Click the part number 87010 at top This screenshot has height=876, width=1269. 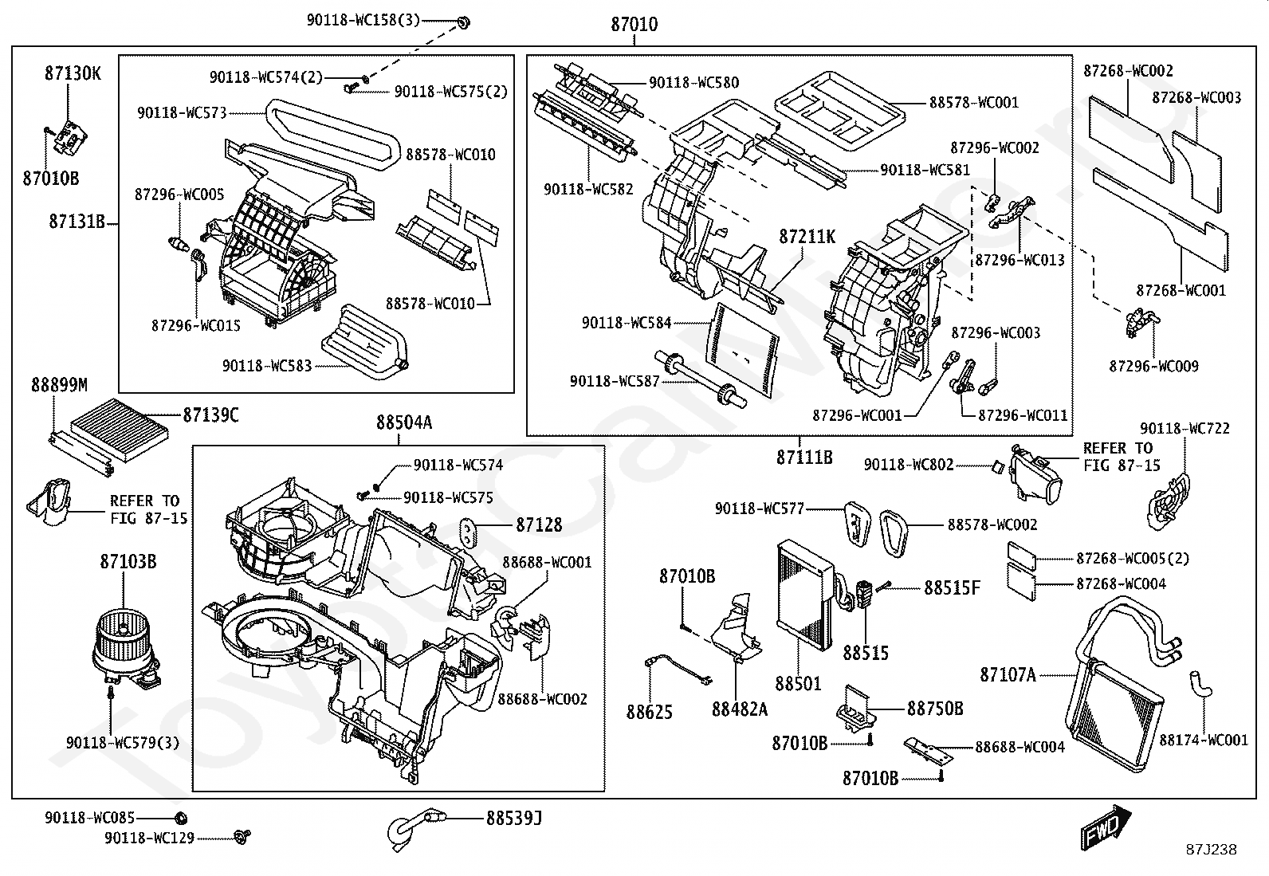634,25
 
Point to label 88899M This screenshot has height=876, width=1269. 59,386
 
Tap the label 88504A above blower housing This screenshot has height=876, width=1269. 404,423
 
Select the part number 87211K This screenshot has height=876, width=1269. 807,237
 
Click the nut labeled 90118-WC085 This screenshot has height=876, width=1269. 180,817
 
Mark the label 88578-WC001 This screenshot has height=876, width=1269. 973,103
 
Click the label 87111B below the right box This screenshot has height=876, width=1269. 804,458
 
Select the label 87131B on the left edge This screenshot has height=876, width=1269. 77,222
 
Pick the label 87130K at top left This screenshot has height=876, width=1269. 73,73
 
